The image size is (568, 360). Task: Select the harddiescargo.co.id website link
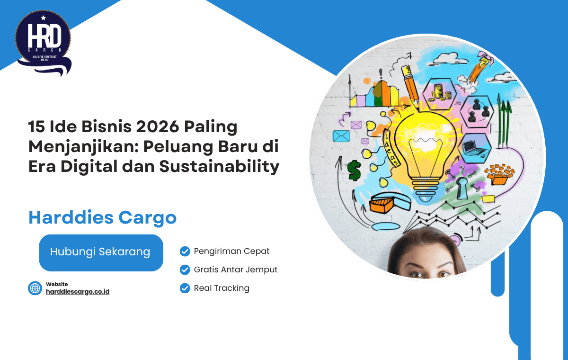tap(78, 292)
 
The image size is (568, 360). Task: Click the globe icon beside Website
tap(35, 288)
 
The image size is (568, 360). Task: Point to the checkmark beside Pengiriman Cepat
tap(185, 251)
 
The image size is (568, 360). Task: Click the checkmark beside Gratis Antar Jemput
tap(185, 270)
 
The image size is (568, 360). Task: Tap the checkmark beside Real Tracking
tap(185, 288)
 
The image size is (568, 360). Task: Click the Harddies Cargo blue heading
tap(102, 217)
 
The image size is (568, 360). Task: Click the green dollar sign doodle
tap(354, 170)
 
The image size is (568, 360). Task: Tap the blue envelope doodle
tap(341, 136)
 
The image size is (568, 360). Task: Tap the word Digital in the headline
tap(94, 167)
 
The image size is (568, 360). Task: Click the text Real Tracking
tap(222, 288)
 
